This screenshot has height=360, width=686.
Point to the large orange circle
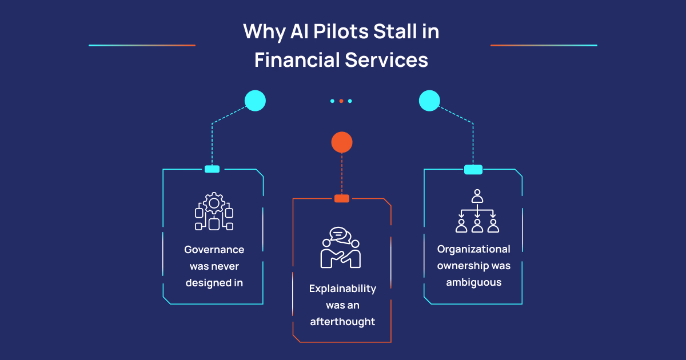342,142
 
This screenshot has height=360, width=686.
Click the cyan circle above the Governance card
255,101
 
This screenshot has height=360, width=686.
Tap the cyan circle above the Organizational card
429,101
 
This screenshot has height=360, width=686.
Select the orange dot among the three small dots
341,101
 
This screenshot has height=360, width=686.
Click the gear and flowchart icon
214,211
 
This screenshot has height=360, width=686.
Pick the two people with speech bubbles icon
341,248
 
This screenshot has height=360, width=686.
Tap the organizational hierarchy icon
477,211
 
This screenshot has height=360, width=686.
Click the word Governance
214,250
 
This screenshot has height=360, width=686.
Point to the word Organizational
473,249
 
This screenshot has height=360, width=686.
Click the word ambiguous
473,282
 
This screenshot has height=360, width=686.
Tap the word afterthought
342,322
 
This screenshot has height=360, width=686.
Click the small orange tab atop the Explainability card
342,198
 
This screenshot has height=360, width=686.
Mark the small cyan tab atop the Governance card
212,169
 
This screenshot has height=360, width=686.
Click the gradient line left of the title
142,45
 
